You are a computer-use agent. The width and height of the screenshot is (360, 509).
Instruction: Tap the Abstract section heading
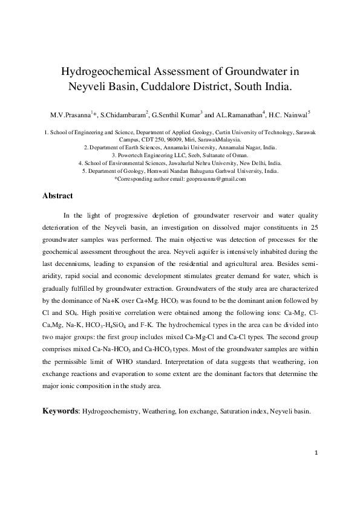click(x=57, y=196)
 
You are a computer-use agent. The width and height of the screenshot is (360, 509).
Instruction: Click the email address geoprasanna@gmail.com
click(x=211, y=179)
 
